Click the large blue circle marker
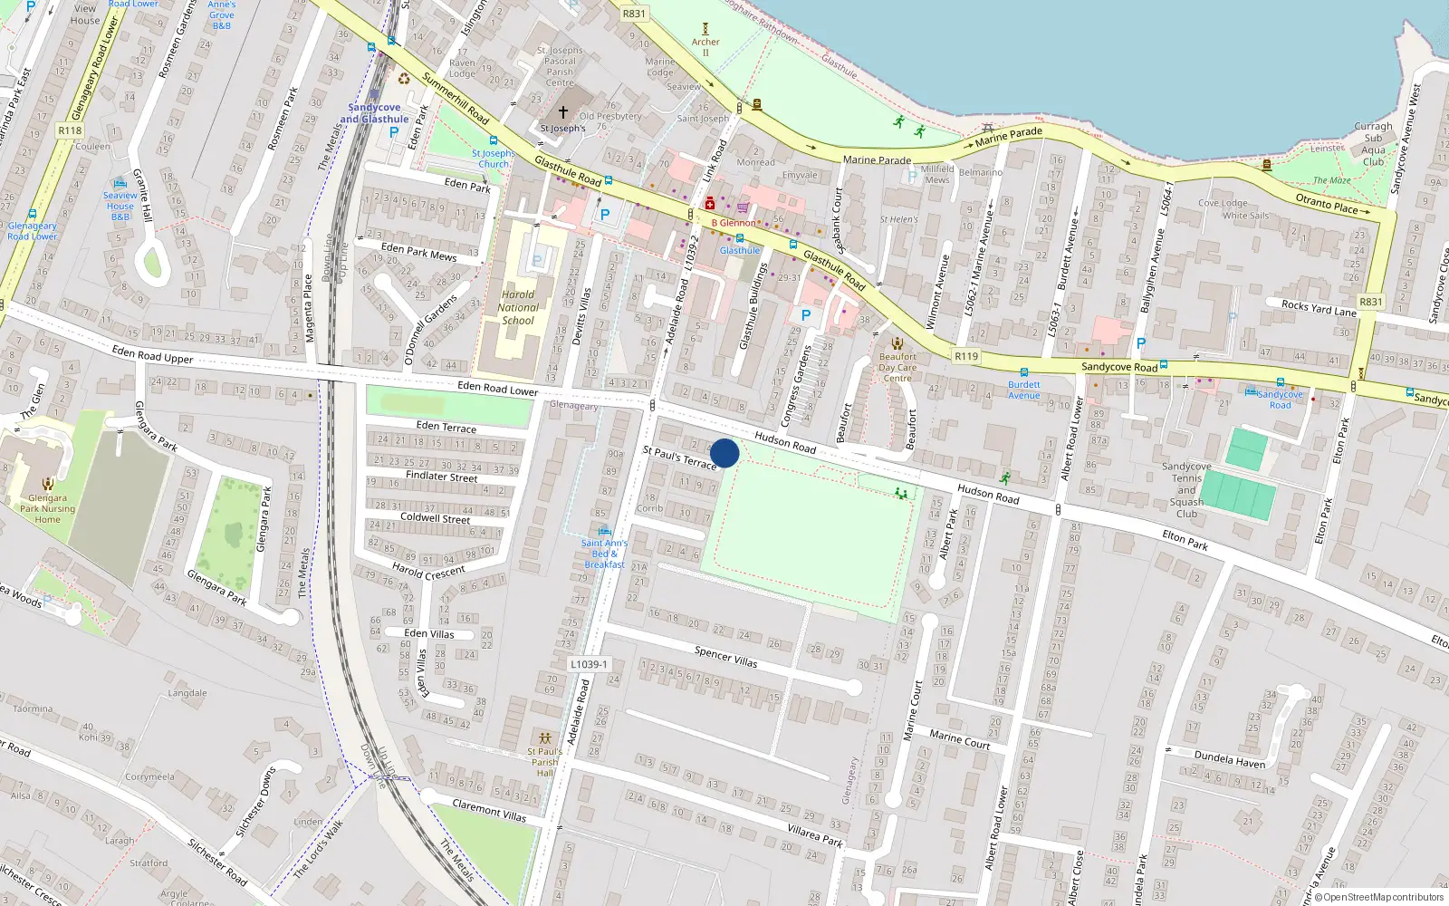point(724,453)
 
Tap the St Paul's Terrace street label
point(679,458)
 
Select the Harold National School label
point(518,307)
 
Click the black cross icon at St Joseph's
point(562,112)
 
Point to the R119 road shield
point(966,356)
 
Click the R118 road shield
point(70,130)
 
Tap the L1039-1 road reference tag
point(589,664)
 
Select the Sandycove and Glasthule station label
point(374,113)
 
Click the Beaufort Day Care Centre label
point(897,367)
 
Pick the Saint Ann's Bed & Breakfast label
point(604,554)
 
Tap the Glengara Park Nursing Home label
point(47,508)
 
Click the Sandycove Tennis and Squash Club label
point(1186,490)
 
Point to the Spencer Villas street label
point(725,657)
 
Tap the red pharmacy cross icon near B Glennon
point(710,204)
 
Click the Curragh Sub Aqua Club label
point(1374,144)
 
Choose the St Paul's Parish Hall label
point(544,762)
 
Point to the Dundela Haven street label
point(1230,759)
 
